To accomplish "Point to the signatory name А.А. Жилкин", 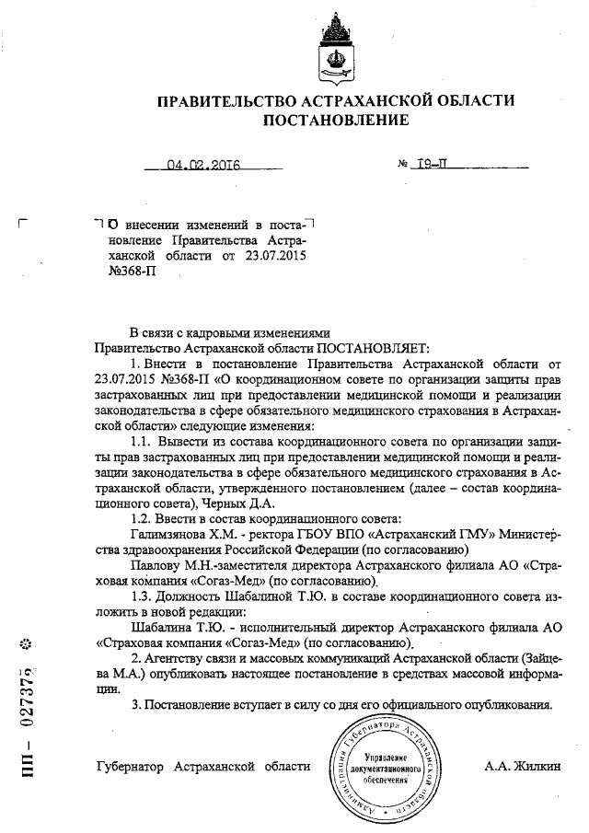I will pyautogui.click(x=521, y=767).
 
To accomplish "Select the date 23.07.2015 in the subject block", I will pyautogui.click(x=281, y=252).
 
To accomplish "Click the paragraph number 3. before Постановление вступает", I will pyautogui.click(x=135, y=705).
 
